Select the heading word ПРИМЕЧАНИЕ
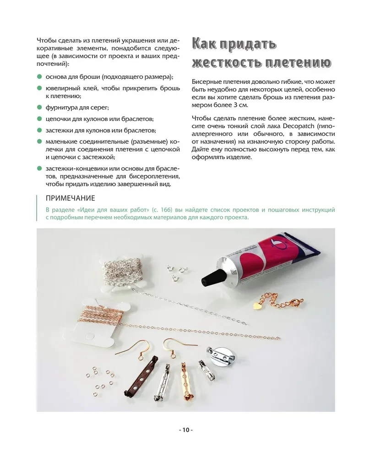(71, 198)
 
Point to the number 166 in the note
(174, 210)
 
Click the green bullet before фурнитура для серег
(39, 108)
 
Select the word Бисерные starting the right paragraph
(208, 82)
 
